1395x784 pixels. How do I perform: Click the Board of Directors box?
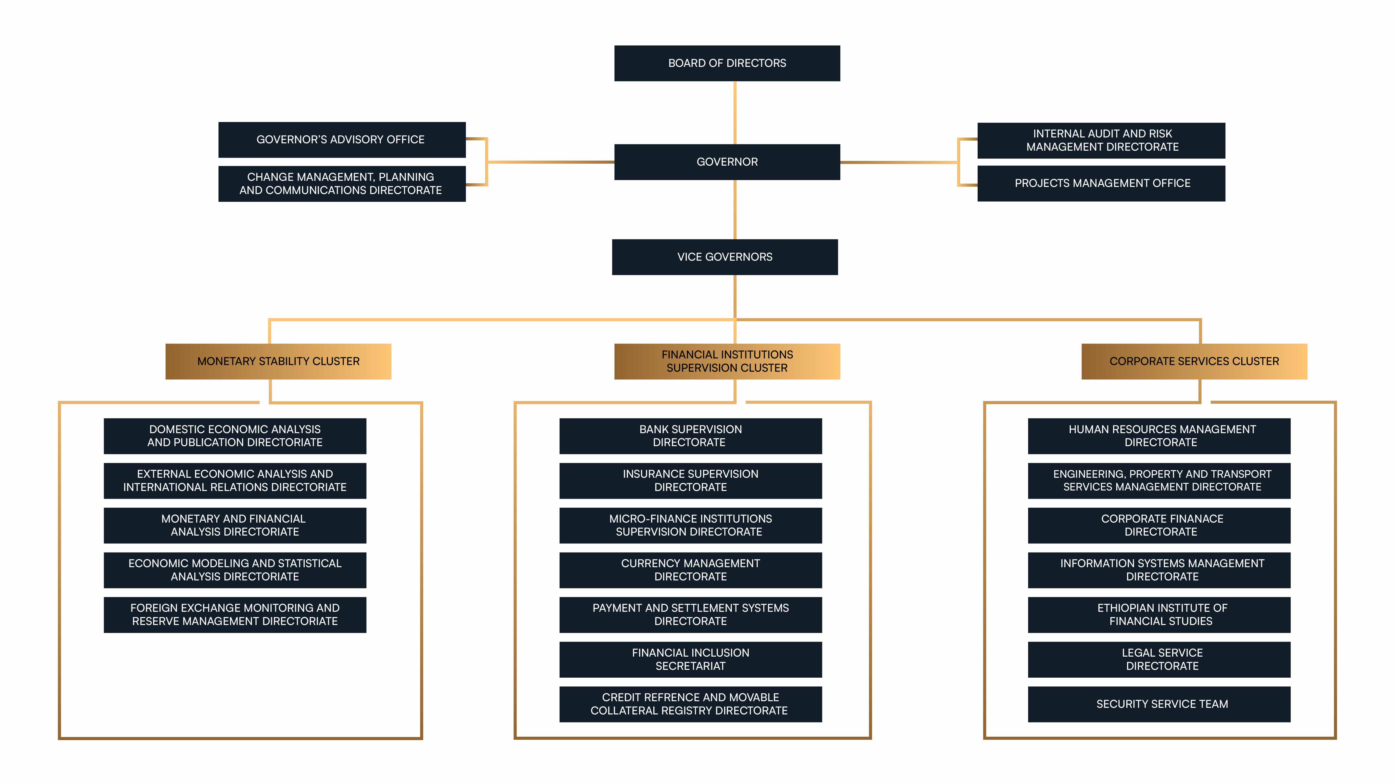(x=727, y=63)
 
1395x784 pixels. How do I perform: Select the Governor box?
(x=727, y=162)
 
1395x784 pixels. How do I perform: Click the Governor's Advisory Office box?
(x=342, y=140)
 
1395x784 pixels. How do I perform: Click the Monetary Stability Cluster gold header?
(x=278, y=361)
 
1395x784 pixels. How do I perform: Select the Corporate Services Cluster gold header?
(x=1194, y=361)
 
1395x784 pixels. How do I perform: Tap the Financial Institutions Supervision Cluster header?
(x=727, y=361)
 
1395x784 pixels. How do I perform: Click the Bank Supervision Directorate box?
(x=690, y=436)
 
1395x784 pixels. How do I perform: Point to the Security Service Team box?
(x=1159, y=704)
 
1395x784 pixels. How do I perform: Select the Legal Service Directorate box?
(x=1159, y=660)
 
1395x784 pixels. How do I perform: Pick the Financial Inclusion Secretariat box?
(x=690, y=660)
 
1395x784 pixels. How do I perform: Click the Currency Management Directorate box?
(x=690, y=570)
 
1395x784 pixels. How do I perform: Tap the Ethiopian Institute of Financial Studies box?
(x=1159, y=614)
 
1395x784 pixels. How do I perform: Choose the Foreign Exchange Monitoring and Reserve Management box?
(x=235, y=614)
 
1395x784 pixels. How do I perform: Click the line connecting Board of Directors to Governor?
(x=735, y=113)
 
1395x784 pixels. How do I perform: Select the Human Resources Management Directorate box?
(x=1159, y=436)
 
